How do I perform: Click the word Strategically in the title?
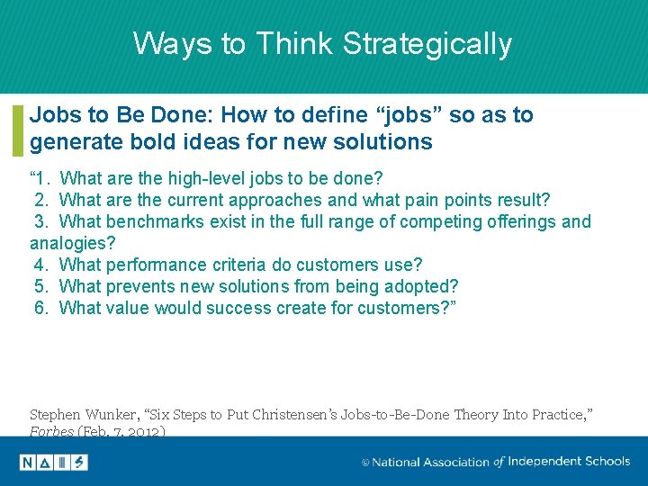coord(427,44)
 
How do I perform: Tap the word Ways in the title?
coord(173,44)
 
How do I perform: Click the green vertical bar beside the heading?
coord(18,130)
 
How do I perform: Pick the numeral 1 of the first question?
coord(40,179)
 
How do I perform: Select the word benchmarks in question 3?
coord(155,221)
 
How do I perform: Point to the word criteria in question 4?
coord(238,265)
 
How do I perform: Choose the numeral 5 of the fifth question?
coord(40,286)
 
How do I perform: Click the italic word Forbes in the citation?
coord(51,431)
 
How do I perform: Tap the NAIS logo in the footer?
coord(54,463)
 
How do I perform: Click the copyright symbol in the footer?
coord(365,463)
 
